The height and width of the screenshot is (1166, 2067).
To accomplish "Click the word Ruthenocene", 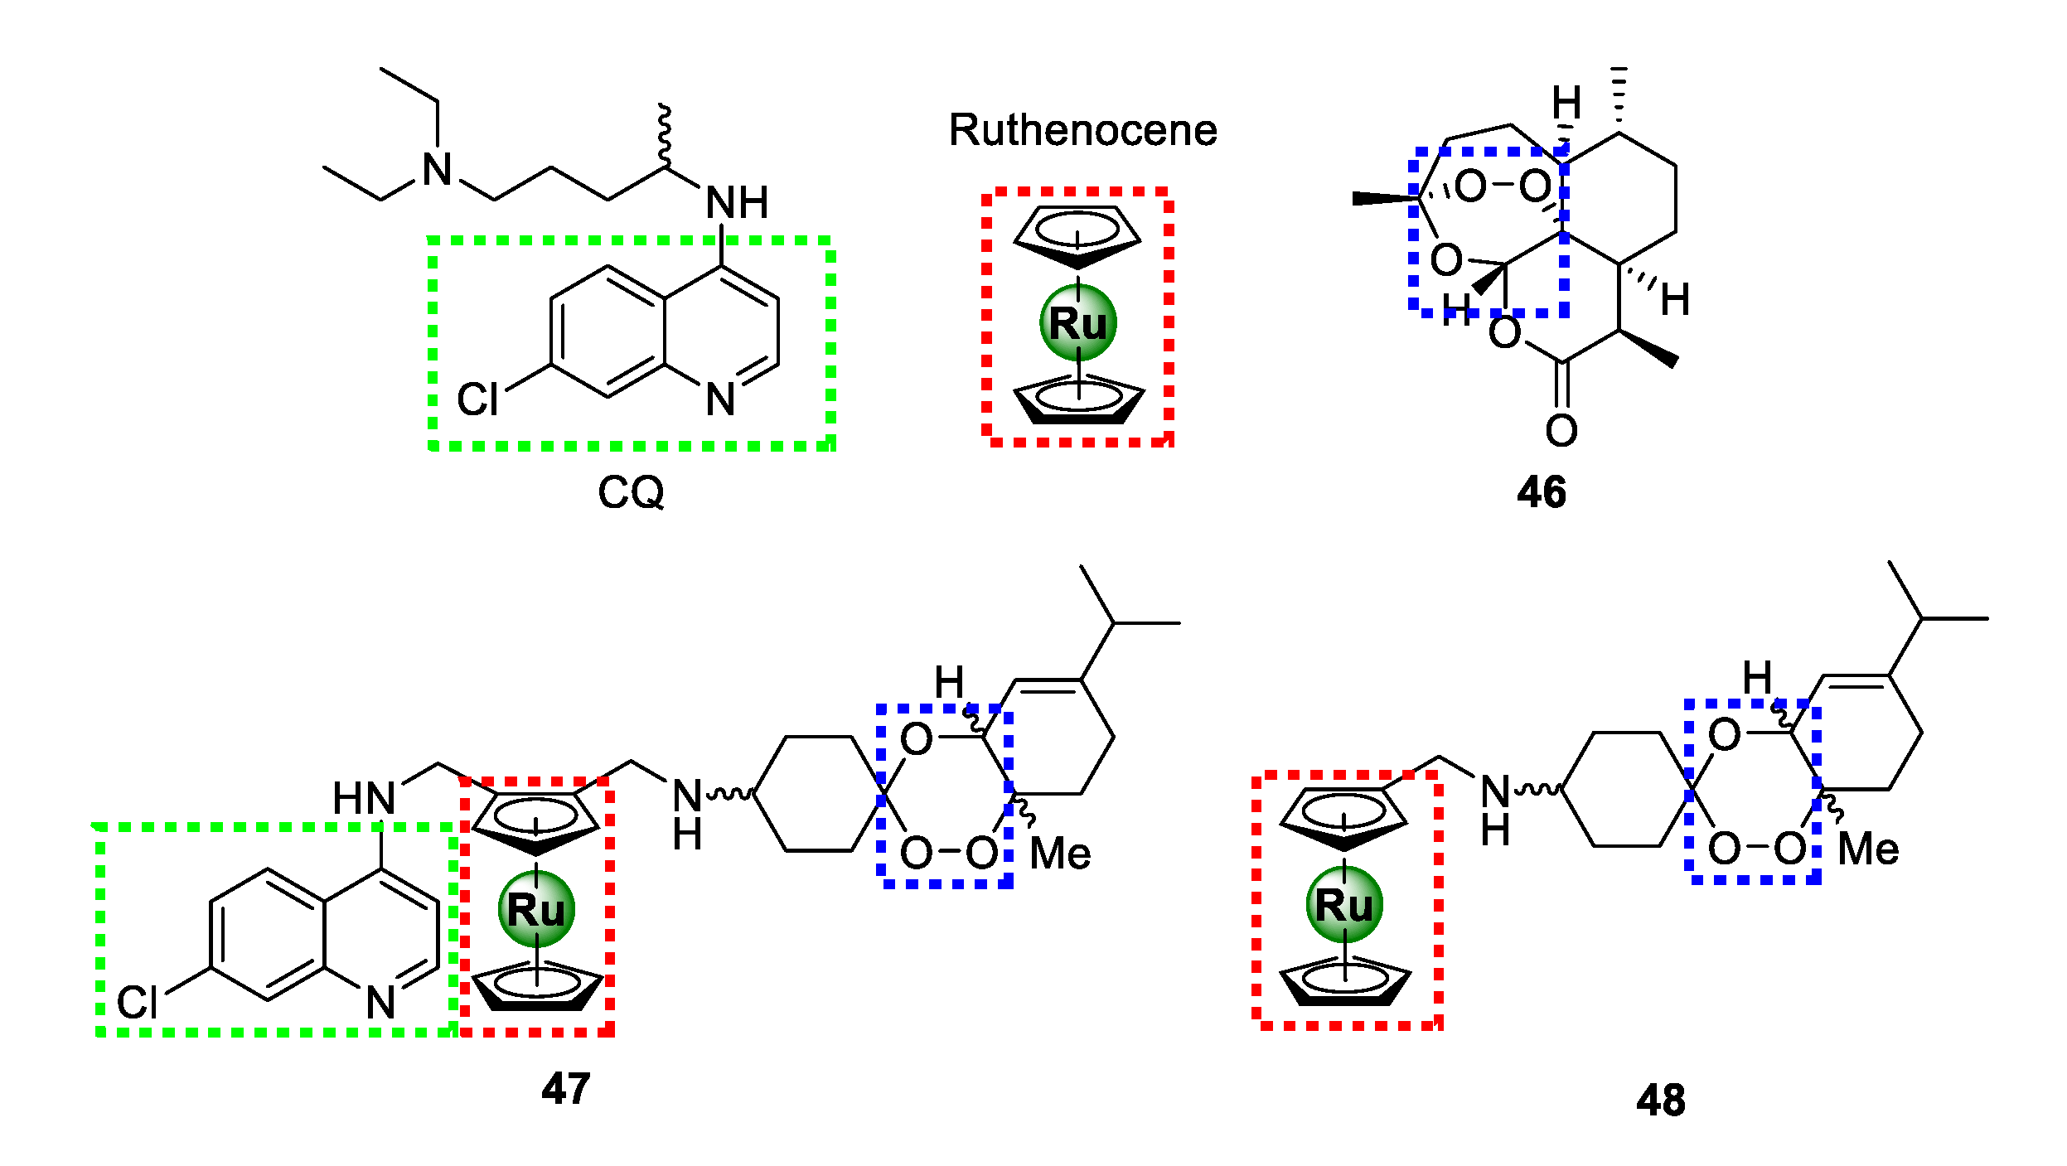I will (1082, 130).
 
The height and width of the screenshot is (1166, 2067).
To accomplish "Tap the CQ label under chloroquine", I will (631, 492).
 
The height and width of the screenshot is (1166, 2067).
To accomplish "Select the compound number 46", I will (1541, 492).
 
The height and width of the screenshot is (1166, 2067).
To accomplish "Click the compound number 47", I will (565, 1088).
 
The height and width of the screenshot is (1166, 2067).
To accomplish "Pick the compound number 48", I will (1660, 1101).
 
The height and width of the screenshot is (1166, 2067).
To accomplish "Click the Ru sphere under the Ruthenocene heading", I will (1077, 323).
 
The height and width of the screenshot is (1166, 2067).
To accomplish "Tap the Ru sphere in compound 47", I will (536, 910).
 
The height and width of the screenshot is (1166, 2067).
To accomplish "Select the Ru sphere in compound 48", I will (1343, 905).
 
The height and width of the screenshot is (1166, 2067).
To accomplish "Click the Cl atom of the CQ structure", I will (477, 399).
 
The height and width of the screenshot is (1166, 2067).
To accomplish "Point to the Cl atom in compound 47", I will (137, 1003).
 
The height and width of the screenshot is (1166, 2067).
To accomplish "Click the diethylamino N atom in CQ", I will (437, 170).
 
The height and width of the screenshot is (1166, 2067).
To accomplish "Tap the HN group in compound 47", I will (363, 799).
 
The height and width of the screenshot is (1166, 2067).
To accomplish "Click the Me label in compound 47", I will (1059, 854).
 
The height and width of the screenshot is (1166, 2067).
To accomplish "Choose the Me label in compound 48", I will (1868, 849).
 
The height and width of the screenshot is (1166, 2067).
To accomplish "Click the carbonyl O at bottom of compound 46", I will (1561, 431).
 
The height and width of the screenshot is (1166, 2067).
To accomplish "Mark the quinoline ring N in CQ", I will (720, 399).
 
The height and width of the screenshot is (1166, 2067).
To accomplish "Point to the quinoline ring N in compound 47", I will (380, 1003).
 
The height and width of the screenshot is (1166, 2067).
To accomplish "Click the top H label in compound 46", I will (1566, 104).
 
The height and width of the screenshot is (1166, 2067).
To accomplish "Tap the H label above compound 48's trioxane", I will (1756, 678).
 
